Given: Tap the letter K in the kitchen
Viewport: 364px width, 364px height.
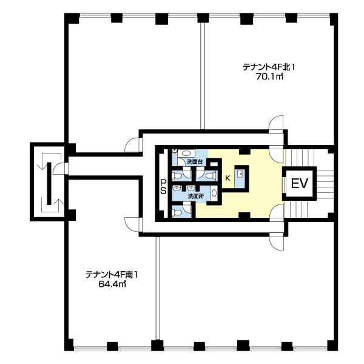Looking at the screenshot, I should click(227, 178).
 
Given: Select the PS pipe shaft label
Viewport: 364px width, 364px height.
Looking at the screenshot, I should click(163, 186).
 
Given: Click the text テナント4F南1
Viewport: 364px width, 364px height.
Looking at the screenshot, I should click(112, 274).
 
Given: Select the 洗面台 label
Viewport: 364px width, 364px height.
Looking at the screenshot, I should click(195, 163).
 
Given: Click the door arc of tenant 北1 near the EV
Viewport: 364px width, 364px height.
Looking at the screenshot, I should click(277, 127).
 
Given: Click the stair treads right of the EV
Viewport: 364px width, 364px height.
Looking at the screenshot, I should click(325, 183).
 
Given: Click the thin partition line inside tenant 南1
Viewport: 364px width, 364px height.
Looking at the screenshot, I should click(157, 291).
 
